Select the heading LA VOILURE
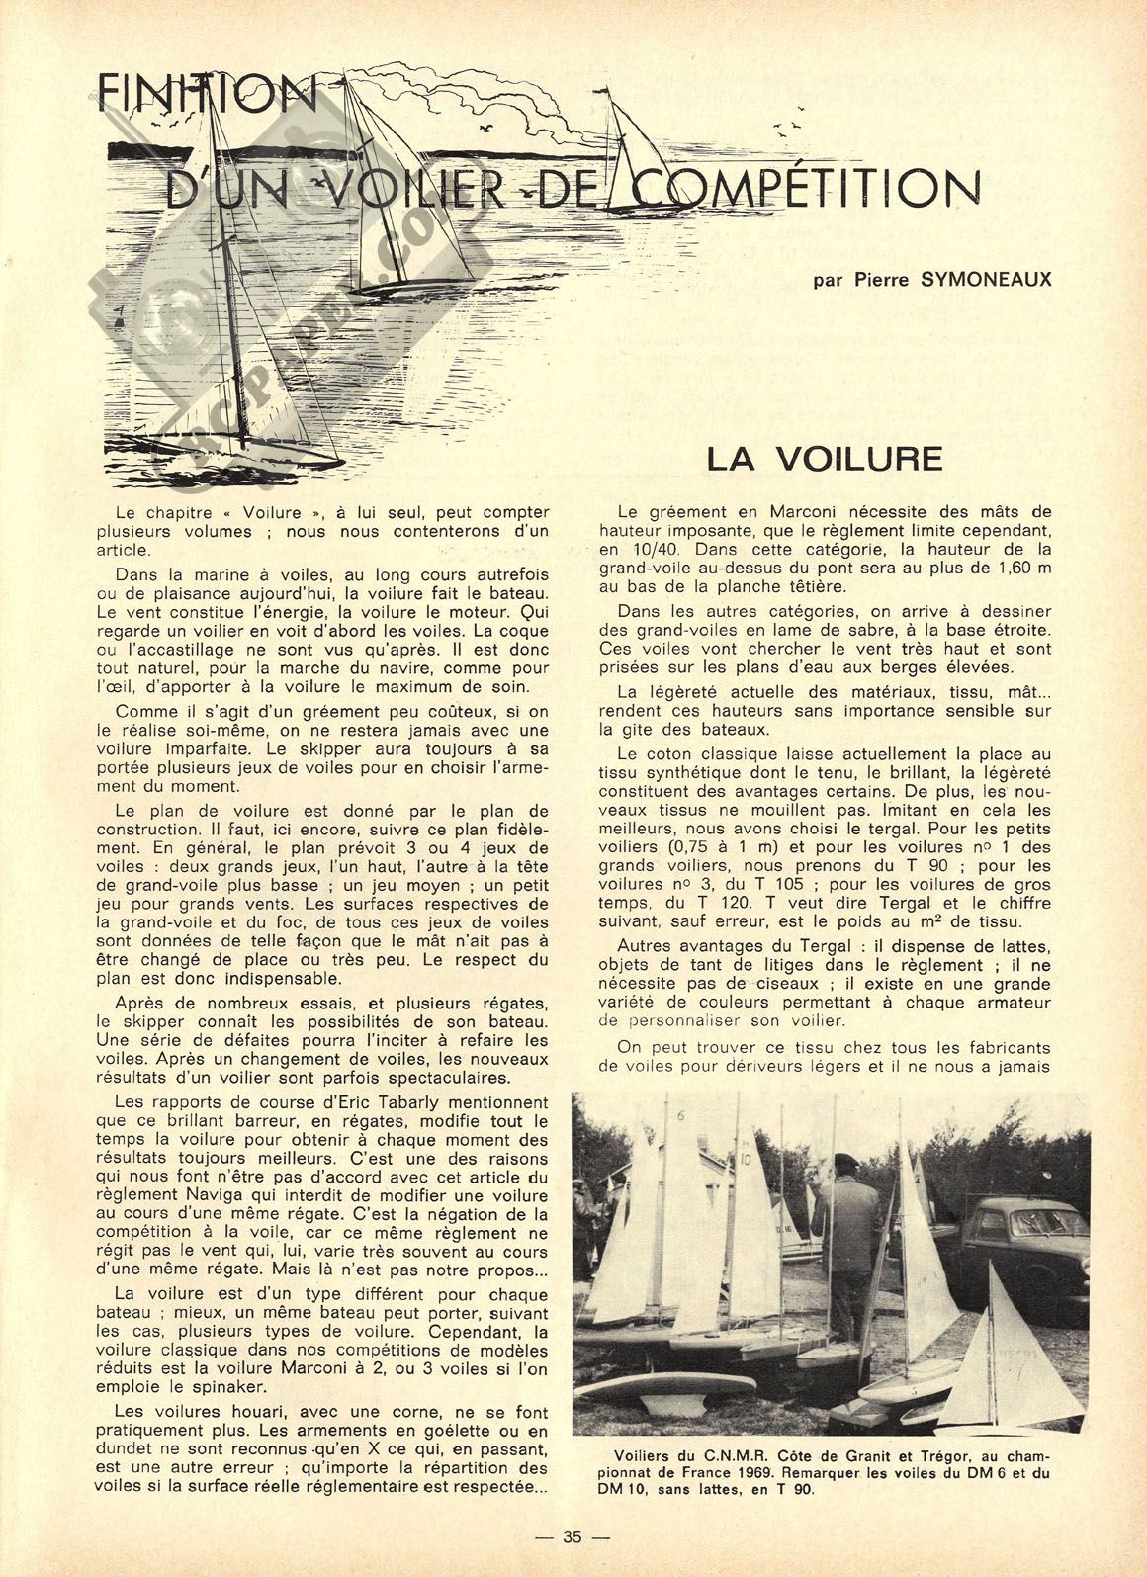point(824,459)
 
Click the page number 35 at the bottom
point(573,1536)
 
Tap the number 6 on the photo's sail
point(681,1116)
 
